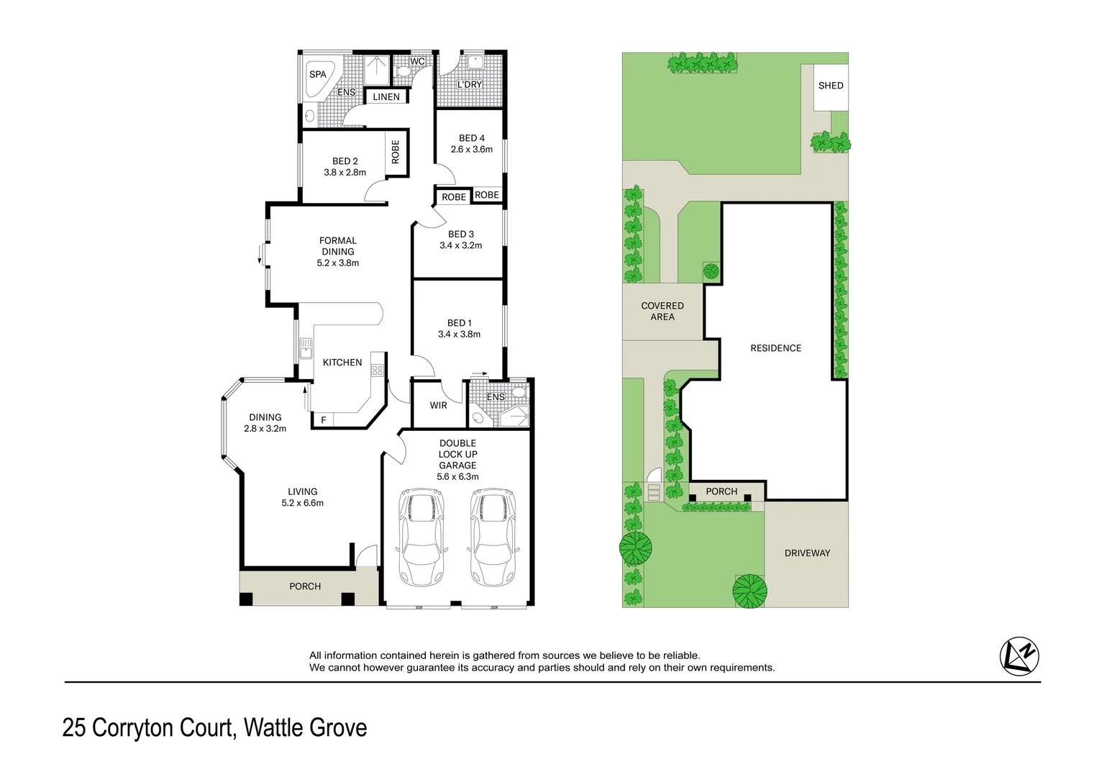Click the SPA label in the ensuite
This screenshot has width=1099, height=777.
coord(317,74)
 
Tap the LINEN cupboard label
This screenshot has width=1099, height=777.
coord(386,96)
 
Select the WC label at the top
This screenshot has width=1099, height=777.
coord(417,61)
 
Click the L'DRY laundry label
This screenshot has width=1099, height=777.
coord(470,84)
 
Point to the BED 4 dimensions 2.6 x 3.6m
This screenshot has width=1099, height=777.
coord(472,150)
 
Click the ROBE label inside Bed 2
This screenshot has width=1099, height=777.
coord(396,153)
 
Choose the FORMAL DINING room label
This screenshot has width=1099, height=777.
coord(338,246)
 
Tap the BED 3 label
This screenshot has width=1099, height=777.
coord(461,234)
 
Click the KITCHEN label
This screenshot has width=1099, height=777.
coord(342,362)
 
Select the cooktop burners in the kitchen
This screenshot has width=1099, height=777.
coord(378,371)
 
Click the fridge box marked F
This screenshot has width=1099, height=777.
coord(324,420)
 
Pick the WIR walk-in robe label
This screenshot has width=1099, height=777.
coord(439,405)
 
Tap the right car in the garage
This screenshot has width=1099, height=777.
coord(493,537)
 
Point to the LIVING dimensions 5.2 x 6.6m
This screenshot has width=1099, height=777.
coord(303,503)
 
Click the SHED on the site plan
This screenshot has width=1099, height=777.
coord(831,86)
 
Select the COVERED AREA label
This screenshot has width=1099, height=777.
coord(662,311)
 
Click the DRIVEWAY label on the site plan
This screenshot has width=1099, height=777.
coord(807,553)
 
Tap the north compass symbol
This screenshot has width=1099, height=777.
coord(1020,656)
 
